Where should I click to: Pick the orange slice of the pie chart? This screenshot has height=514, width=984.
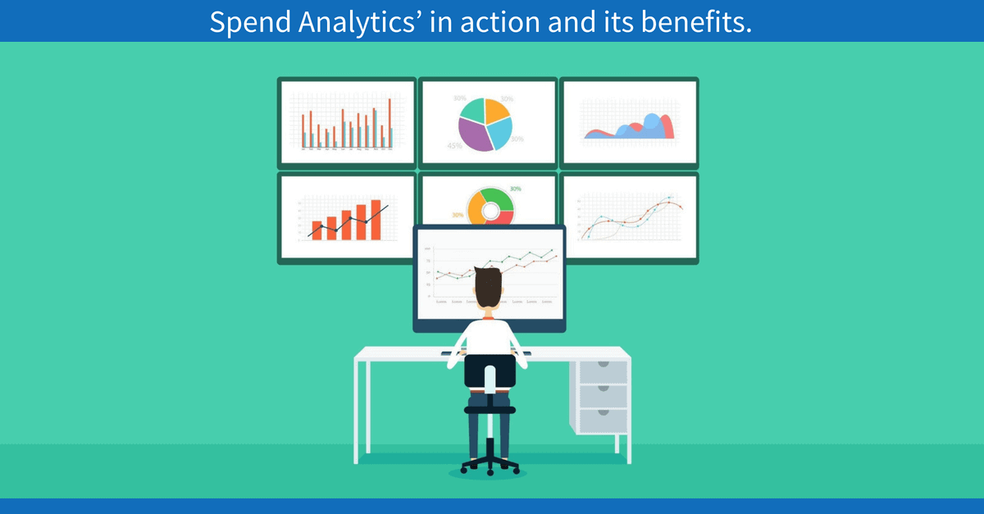click(x=496, y=110)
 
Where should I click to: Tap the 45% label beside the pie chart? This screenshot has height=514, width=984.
click(x=454, y=146)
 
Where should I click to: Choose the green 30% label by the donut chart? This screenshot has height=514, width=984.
click(x=516, y=189)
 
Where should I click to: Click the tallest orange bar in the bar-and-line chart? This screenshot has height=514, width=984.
click(x=376, y=220)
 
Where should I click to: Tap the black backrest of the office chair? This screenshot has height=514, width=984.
click(x=490, y=371)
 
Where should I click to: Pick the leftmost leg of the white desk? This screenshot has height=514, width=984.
click(x=358, y=410)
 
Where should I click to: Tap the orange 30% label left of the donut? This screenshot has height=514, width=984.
click(x=458, y=216)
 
